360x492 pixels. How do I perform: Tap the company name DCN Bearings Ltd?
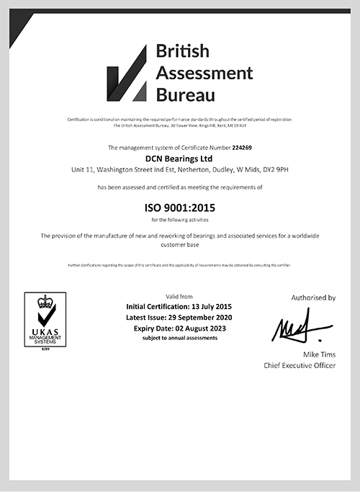[180, 158]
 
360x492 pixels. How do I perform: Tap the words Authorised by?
[313, 297]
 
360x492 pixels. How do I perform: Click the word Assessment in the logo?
[205, 72]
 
